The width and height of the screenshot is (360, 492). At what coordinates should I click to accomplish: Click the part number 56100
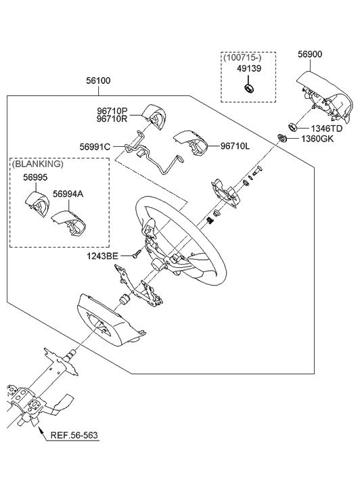point(99,81)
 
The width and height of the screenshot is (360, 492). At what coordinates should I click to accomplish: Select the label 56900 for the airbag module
point(310,54)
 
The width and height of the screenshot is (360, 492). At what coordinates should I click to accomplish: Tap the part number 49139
point(249,68)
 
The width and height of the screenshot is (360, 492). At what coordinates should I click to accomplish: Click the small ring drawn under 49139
point(248,88)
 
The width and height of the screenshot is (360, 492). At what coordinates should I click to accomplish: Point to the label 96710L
point(235,146)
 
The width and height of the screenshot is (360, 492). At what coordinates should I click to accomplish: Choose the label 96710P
point(112,111)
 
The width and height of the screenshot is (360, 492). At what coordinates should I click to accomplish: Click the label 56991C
point(95,147)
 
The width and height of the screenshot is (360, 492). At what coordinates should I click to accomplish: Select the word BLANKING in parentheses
point(38,164)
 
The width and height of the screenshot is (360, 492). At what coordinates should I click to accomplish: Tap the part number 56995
point(35,177)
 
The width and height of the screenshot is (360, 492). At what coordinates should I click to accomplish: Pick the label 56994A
point(68,194)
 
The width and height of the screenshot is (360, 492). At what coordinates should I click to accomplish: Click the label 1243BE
point(103,256)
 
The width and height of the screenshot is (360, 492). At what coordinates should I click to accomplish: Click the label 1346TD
point(326,129)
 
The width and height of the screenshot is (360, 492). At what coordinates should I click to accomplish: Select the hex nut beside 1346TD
point(293,127)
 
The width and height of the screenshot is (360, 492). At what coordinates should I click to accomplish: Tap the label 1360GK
point(317,139)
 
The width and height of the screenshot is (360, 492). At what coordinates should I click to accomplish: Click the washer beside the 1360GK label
point(282,137)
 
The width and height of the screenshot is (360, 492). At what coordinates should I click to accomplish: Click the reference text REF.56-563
point(74,435)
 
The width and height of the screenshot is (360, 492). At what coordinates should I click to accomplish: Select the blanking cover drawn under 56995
point(37,204)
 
